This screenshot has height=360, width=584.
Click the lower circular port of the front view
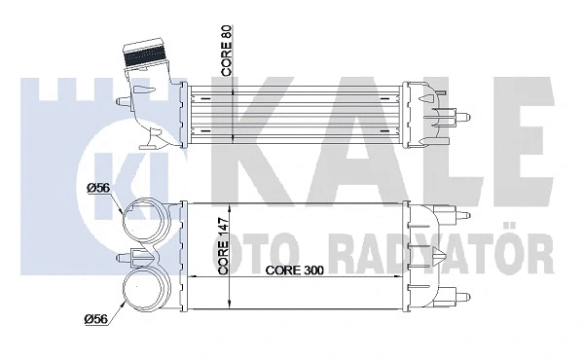coord(143,289)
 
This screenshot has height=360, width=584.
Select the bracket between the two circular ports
coord(137,257)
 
